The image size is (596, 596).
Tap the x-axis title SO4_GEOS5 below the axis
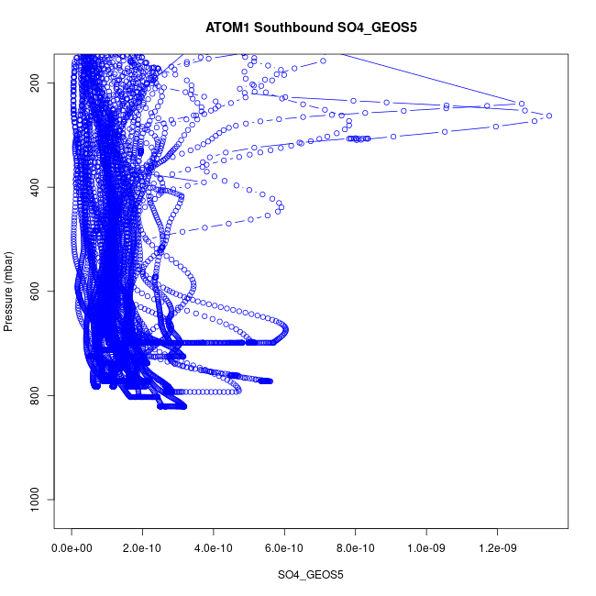pyautogui.click(x=311, y=575)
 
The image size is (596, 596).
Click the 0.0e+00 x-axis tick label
pyautogui.click(x=72, y=548)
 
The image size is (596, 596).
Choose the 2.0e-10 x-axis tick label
pyautogui.click(x=143, y=548)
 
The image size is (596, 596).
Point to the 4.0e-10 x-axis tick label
pyautogui.click(x=214, y=548)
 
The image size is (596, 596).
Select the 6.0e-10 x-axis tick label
pyautogui.click(x=284, y=548)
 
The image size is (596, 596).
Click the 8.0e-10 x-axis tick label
pyautogui.click(x=355, y=548)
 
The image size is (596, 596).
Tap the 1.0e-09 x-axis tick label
pyautogui.click(x=425, y=548)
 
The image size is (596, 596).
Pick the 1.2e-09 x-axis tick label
pyautogui.click(x=496, y=548)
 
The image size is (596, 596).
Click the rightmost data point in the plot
pyautogui.click(x=548, y=116)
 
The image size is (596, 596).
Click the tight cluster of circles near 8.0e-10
pyautogui.click(x=359, y=138)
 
